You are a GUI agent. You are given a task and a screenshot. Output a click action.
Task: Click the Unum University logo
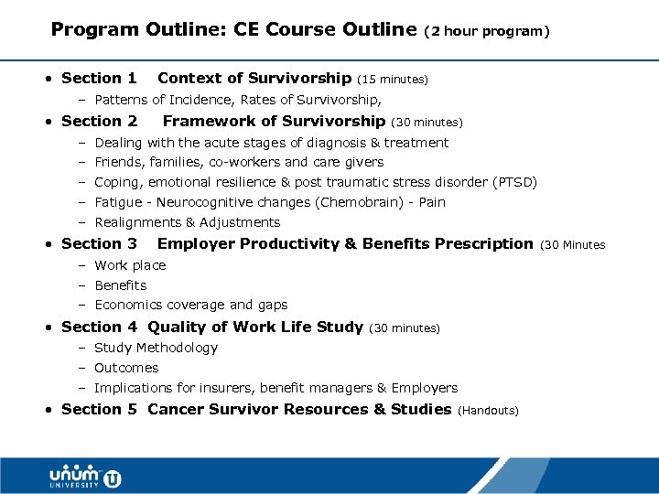click(85, 477)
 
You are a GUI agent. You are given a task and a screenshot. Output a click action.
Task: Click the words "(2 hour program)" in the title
click(488, 31)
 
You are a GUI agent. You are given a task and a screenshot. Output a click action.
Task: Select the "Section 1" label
click(99, 79)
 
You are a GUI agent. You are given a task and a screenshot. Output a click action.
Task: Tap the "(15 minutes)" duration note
click(393, 80)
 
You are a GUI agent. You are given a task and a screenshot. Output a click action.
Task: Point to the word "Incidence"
click(199, 100)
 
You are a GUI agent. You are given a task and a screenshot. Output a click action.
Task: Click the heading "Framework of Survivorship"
click(274, 121)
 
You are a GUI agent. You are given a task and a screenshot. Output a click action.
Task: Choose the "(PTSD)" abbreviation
click(515, 182)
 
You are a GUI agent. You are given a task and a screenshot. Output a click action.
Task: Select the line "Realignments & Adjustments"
click(187, 222)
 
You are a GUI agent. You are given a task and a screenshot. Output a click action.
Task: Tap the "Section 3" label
click(99, 243)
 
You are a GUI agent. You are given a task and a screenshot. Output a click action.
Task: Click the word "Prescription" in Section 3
click(483, 243)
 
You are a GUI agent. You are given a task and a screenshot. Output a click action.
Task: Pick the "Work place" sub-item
click(130, 265)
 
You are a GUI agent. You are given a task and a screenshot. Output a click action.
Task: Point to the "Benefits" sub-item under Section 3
click(121, 285)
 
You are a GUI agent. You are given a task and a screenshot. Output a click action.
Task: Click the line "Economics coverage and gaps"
click(190, 305)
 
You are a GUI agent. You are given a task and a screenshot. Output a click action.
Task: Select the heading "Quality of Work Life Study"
click(255, 327)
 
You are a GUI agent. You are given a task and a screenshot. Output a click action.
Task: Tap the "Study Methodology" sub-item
click(156, 348)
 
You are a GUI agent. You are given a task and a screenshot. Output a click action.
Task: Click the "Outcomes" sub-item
click(126, 368)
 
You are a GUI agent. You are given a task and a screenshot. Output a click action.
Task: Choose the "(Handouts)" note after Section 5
click(488, 411)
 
